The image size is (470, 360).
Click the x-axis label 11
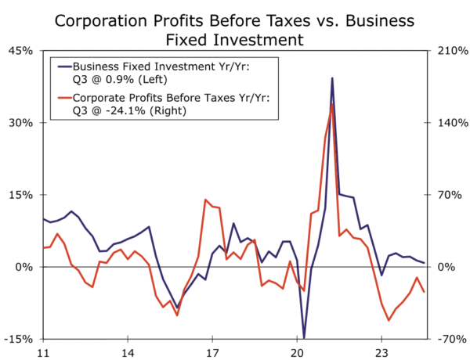point(43,351)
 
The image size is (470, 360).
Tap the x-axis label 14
point(128,351)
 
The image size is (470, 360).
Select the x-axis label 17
point(212,351)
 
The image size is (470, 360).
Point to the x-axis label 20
point(297,351)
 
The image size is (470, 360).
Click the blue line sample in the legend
point(60,67)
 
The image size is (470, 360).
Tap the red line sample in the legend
point(60,98)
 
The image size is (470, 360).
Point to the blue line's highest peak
point(332,78)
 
